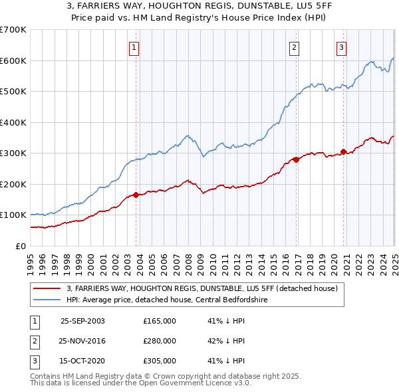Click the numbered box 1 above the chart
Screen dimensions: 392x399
pos(134,47)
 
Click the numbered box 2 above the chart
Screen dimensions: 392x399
pos(294,47)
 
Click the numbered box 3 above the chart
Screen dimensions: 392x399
pos(341,47)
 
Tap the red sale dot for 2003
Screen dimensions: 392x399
pos(136,195)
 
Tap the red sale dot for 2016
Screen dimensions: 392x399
pos(297,159)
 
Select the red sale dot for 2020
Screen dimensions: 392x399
pos(344,151)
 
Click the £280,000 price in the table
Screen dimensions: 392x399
pos(160,341)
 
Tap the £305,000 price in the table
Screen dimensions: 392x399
pos(160,361)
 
